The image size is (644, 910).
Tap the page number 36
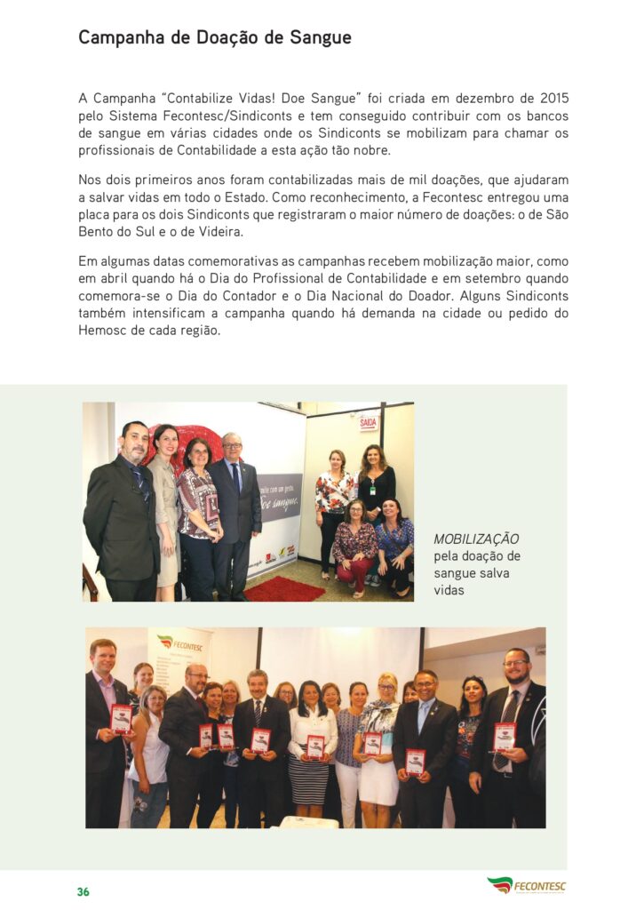point(83,891)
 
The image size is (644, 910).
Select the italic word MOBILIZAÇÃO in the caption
point(476,539)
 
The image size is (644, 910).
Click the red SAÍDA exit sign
point(369,423)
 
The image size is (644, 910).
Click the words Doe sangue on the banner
point(280,503)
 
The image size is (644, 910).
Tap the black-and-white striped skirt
point(309,779)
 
